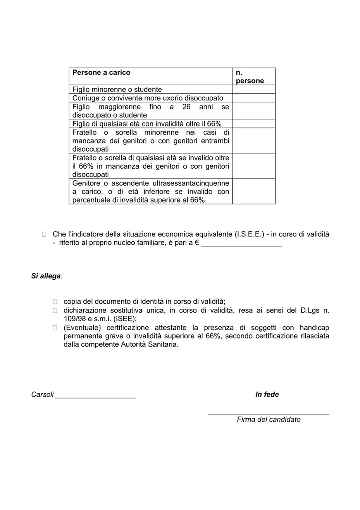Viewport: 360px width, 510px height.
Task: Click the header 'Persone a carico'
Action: pyautogui.click(x=101, y=73)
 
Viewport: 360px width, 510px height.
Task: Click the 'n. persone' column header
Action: pyautogui.click(x=250, y=77)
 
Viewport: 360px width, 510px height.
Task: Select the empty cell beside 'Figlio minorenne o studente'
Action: pyautogui.click(x=253, y=90)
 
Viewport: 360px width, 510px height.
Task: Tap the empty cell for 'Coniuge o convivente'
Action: pyautogui.click(x=253, y=98)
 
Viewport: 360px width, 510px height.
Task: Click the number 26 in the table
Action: pyautogui.click(x=186, y=107)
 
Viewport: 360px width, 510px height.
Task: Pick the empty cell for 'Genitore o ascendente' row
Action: pyautogui.click(x=253, y=191)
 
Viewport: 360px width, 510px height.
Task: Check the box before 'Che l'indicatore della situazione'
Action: pyautogui.click(x=44, y=234)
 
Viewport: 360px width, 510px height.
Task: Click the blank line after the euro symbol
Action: pyautogui.click(x=241, y=244)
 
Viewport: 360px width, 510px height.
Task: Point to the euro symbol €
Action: pyautogui.click(x=197, y=244)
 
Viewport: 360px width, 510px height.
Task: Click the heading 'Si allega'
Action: pyautogui.click(x=46, y=277)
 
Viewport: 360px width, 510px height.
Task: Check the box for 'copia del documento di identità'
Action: pyautogui.click(x=55, y=301)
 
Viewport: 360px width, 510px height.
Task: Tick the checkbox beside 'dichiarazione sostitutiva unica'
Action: pyautogui.click(x=55, y=310)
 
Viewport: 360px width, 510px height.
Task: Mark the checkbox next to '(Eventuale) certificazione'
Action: pyautogui.click(x=55, y=328)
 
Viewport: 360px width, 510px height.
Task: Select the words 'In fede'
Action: pyautogui.click(x=267, y=394)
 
